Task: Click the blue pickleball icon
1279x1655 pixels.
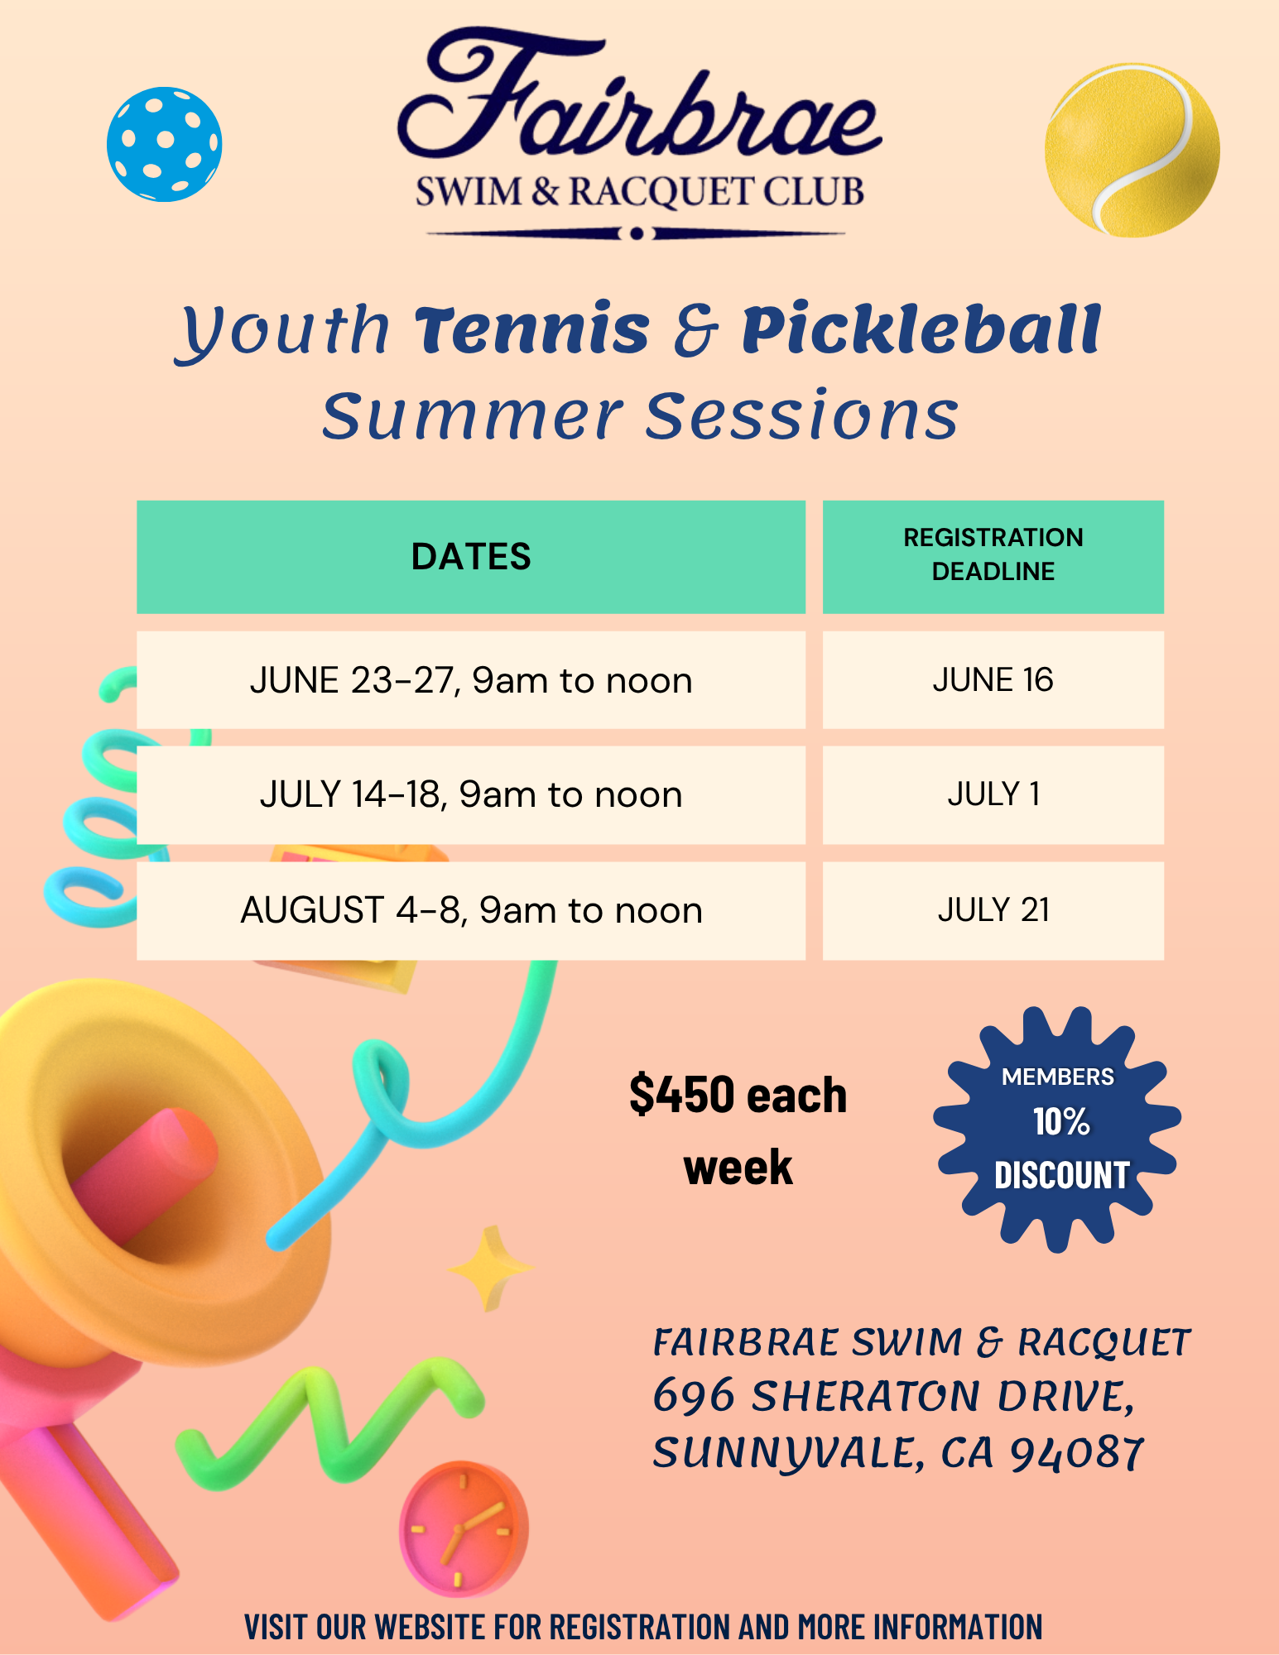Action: (x=165, y=144)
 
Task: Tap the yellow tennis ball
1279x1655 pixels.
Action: (x=1132, y=150)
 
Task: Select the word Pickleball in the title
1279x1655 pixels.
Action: (x=921, y=329)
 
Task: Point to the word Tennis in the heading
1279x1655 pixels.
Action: (x=532, y=329)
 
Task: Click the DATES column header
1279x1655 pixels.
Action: (x=471, y=557)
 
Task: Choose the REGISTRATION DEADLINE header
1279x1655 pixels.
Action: (x=993, y=557)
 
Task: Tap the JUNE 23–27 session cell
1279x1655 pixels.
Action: (x=471, y=680)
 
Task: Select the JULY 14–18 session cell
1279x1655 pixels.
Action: (x=471, y=795)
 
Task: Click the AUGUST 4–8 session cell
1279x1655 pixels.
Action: (x=471, y=910)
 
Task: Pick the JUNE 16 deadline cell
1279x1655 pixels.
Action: (x=993, y=680)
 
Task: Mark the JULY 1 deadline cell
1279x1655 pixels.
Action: (x=993, y=795)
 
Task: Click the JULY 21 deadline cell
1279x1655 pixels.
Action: (x=993, y=910)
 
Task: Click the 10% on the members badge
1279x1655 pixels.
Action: (x=1061, y=1123)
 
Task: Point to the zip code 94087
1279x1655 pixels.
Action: (x=1077, y=1454)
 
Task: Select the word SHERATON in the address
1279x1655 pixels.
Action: (x=866, y=1396)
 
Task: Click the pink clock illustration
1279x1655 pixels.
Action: (x=464, y=1528)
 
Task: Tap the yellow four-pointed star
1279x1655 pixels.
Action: (x=492, y=1269)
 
